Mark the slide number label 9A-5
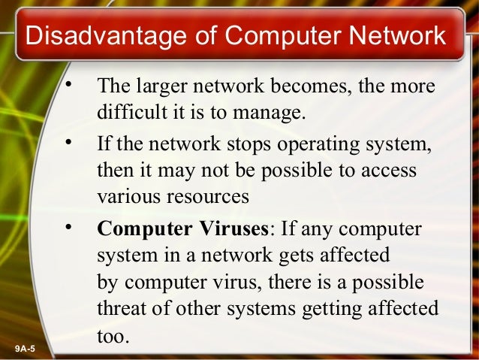coord(29,349)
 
